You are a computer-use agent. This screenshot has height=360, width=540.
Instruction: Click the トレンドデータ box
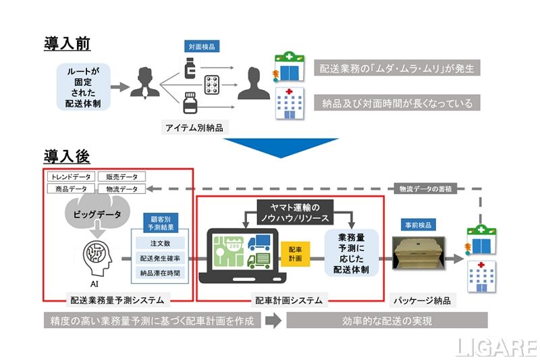72,177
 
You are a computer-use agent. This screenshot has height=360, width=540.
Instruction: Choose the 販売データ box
120,177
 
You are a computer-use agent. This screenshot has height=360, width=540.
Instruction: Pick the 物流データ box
120,189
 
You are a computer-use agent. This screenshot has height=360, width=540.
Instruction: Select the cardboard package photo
419,257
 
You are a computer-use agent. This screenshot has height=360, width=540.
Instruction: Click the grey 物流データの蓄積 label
427,190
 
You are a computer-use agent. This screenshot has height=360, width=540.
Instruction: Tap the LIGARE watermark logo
495,346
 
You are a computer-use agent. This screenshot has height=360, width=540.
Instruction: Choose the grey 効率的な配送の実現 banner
387,321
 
